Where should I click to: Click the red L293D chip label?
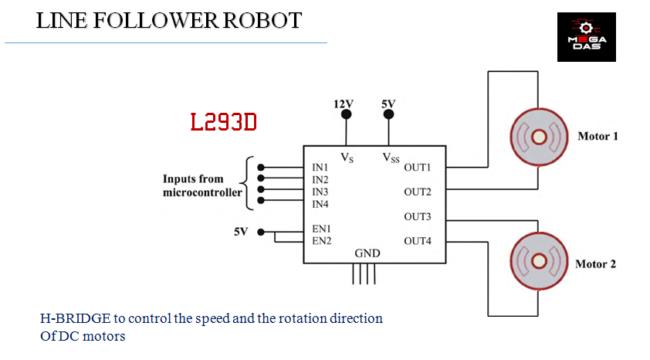coord(223,122)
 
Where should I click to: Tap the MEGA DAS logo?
coord(587,37)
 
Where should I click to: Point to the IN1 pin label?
coord(320,168)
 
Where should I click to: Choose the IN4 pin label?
coord(320,204)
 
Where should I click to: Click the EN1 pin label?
coord(321,229)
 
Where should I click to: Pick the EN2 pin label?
coord(321,241)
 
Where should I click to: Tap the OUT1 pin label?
coord(417,167)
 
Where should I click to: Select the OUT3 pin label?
coord(417,216)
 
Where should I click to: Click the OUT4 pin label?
coord(417,241)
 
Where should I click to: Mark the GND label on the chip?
coord(367,253)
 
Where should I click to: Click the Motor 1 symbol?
coord(539,138)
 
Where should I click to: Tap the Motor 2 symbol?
coord(539,265)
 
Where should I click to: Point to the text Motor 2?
coord(595,264)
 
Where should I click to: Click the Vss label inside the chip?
coord(391,158)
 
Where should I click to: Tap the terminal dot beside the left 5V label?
coord(262,231)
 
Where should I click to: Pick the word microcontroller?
coord(202,192)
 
